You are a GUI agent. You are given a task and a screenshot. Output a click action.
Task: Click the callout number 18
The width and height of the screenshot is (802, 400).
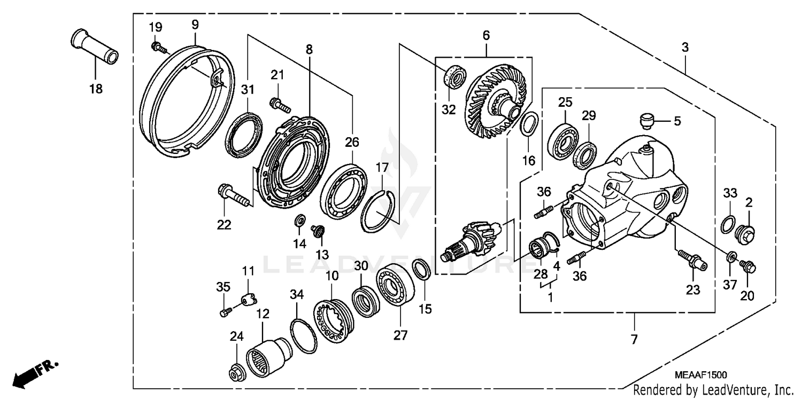[x=96, y=88]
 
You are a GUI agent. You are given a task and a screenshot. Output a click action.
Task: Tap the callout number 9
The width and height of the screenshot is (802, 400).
[x=195, y=25]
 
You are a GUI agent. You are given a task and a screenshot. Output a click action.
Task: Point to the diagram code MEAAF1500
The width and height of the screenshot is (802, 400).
[x=700, y=375]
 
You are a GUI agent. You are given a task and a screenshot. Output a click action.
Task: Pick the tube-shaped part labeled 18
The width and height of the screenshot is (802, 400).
[x=94, y=46]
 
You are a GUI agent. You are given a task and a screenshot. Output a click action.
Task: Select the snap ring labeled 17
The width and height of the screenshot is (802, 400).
[x=377, y=211]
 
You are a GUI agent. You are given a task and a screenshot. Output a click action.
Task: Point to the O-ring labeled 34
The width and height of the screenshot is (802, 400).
[x=303, y=336]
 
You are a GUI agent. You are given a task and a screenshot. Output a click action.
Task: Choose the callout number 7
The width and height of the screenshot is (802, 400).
[x=634, y=339]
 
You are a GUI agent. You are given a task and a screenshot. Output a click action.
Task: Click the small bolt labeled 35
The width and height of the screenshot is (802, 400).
[x=225, y=312]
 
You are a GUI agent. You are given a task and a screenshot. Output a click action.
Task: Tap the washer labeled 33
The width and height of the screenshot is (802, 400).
[x=728, y=224]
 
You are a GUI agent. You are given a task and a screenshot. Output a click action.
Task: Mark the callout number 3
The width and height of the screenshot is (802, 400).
[x=684, y=47]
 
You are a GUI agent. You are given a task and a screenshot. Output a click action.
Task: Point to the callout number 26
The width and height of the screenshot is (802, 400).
[x=352, y=142]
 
